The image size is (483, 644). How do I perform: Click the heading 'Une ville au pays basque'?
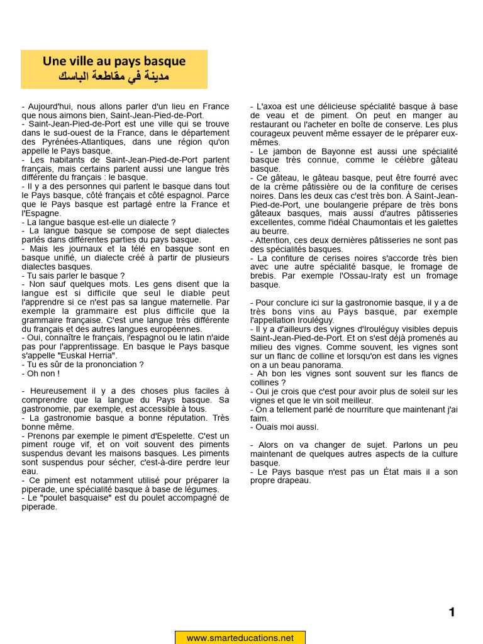[114, 61]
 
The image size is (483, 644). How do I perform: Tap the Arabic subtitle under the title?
[114, 77]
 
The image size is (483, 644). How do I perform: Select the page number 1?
[452, 613]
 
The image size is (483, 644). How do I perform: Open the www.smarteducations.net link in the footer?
[240, 638]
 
